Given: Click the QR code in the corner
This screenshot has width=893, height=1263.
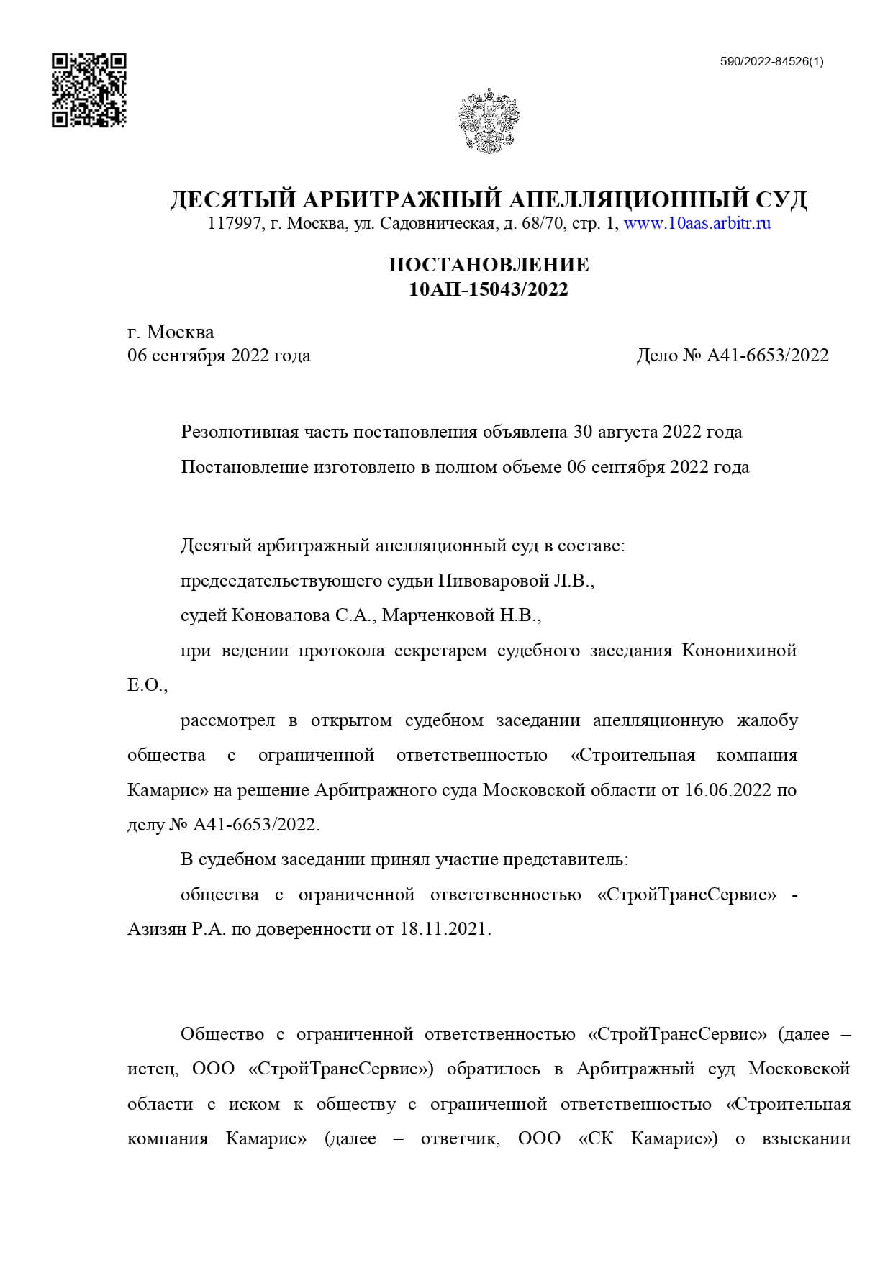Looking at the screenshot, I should (x=89, y=90).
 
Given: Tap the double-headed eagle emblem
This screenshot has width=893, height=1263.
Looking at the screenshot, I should (x=489, y=120).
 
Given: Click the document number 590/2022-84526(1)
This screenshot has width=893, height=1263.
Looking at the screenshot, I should (x=771, y=62).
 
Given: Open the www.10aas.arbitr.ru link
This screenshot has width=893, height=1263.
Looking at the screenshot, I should (x=697, y=223).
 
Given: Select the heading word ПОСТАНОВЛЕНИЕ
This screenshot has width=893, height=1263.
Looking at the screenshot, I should (x=489, y=265).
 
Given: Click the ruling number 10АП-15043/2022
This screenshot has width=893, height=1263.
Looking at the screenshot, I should (x=489, y=289).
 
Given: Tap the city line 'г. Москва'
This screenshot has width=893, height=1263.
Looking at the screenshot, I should (x=171, y=332).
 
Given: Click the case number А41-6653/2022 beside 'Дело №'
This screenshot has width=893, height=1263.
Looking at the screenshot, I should (x=768, y=356).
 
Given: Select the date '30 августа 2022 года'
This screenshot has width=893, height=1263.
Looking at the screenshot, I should (x=657, y=432).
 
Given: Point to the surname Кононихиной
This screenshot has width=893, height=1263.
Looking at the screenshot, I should (x=739, y=651).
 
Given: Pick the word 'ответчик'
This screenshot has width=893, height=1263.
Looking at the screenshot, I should (x=460, y=1139).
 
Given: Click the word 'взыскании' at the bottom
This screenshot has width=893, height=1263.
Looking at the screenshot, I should (x=806, y=1139).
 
